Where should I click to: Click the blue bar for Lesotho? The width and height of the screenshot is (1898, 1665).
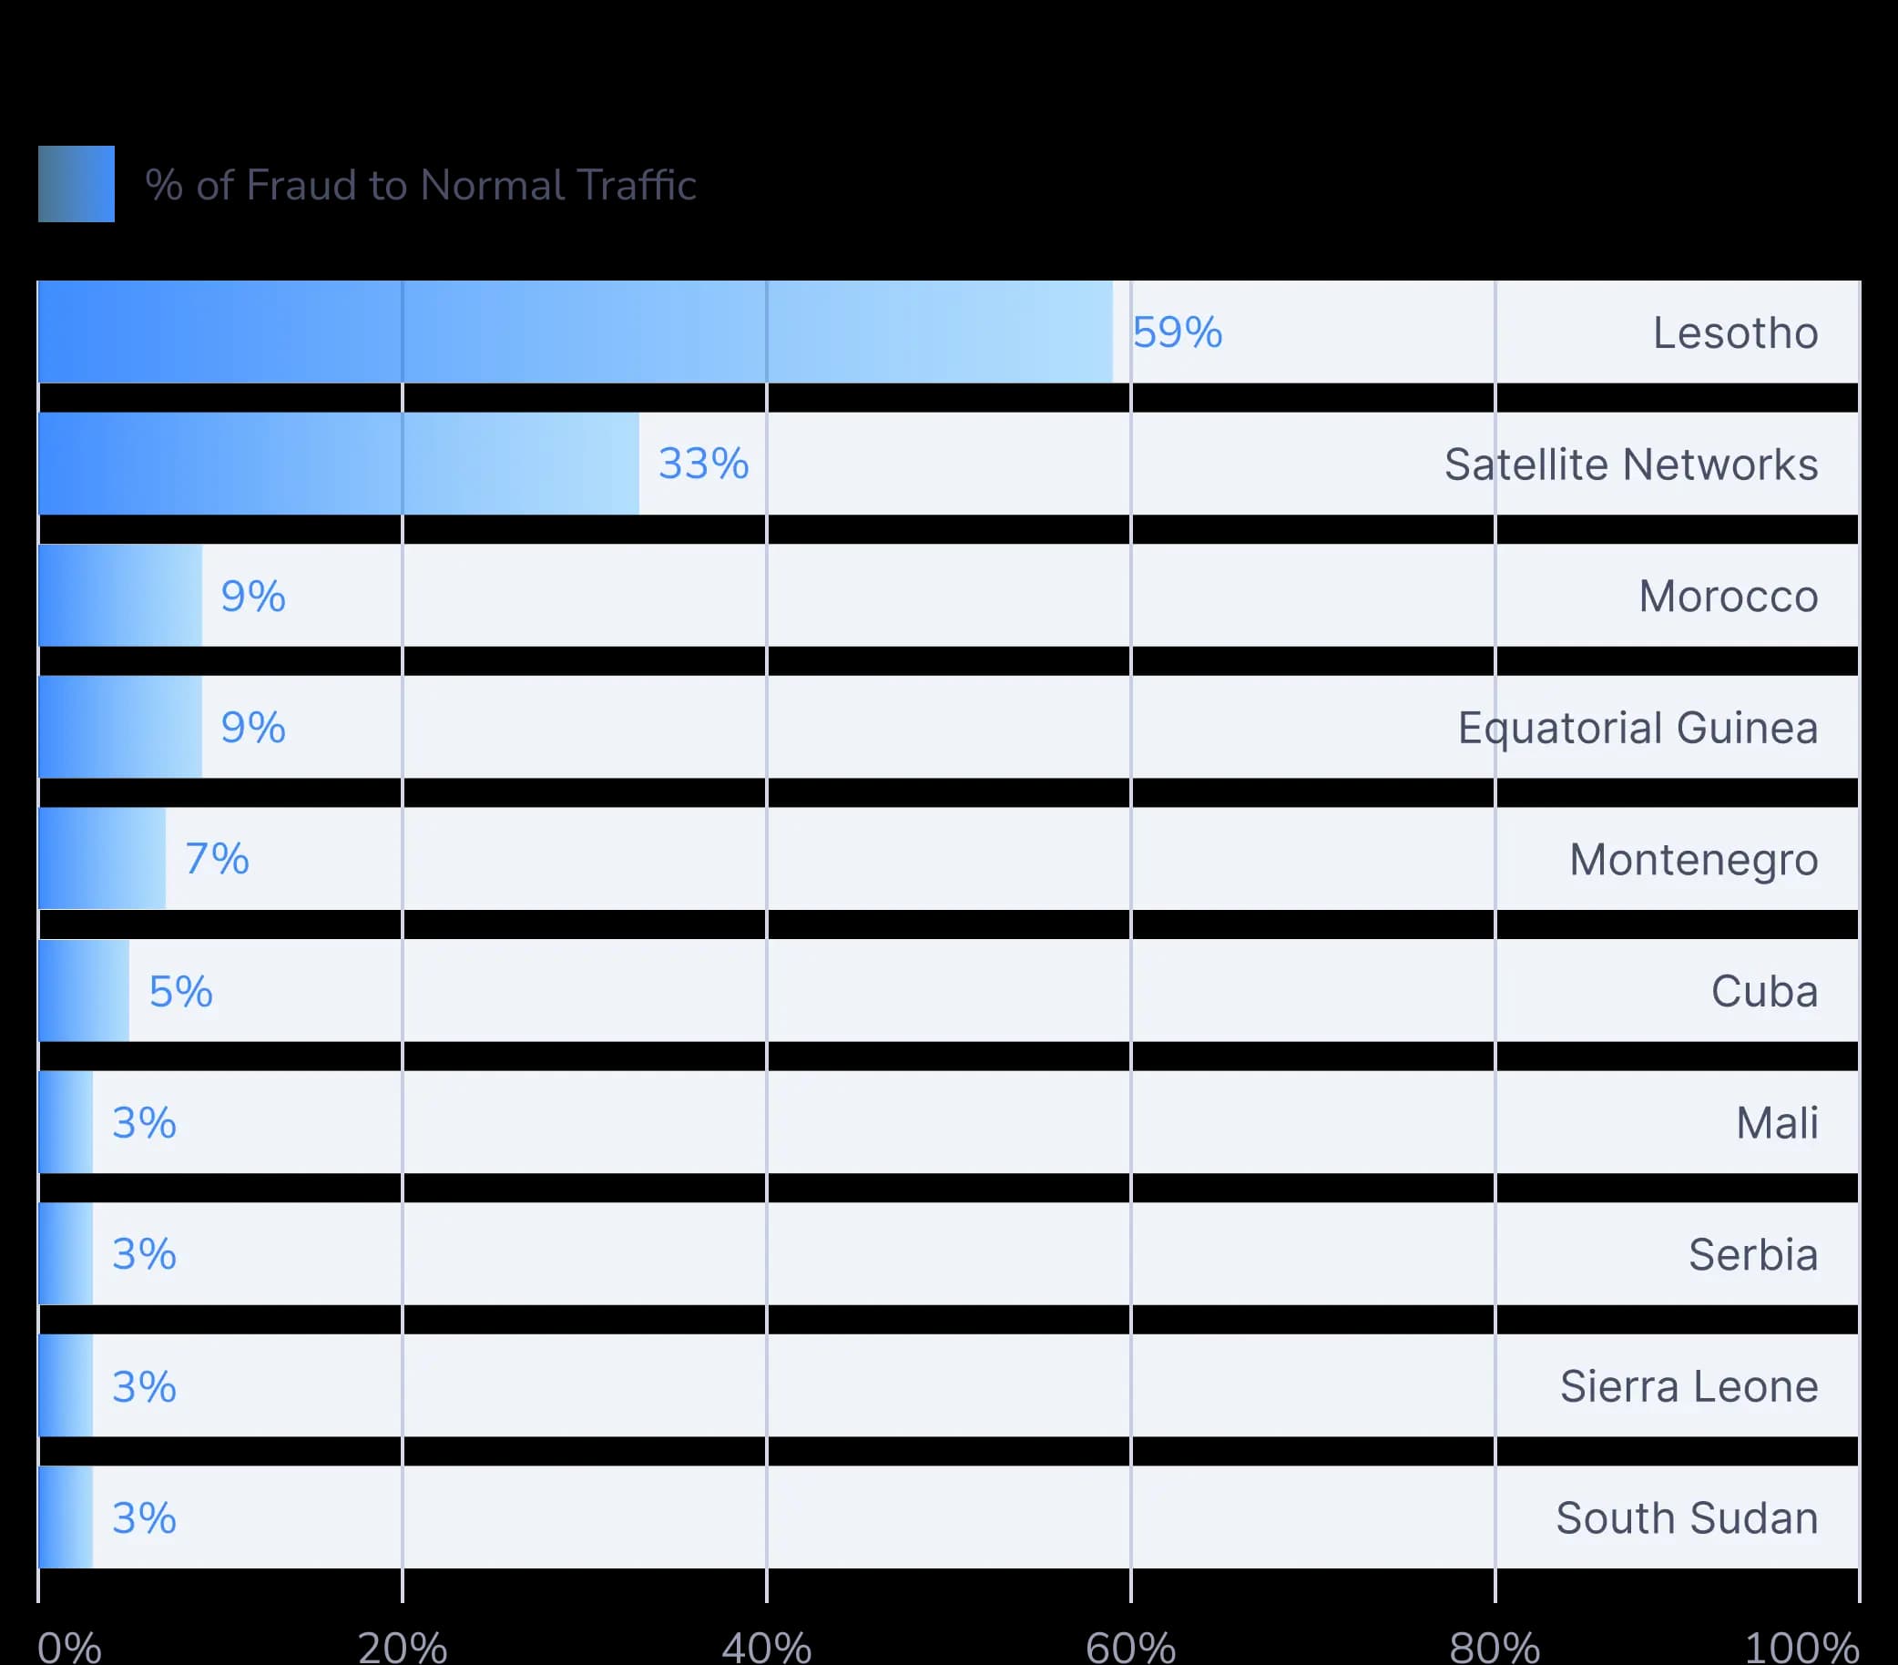point(576,332)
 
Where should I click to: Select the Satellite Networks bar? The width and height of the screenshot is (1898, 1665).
point(339,464)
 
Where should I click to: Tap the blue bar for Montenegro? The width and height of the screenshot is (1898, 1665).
point(102,858)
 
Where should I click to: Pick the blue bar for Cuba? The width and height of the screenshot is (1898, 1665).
point(84,990)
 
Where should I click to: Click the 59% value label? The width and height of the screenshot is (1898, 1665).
point(1178,332)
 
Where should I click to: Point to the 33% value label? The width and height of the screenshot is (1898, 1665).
point(704,465)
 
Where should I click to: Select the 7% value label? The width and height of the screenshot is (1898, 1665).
point(218,859)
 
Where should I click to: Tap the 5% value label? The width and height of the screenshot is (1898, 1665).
point(181,992)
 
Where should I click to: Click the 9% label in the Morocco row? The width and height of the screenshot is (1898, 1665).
point(253,597)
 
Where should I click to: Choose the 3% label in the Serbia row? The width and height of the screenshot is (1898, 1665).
point(145,1254)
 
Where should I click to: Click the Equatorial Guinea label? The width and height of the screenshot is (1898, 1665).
point(1638,729)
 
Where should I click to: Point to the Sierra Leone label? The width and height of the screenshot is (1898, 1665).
point(1689,1386)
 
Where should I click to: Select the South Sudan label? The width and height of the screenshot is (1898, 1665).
point(1688,1518)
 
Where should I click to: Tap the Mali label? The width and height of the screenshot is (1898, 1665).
point(1777,1123)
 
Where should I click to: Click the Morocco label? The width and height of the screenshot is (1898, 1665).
point(1728,597)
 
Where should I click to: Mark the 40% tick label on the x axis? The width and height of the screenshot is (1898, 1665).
point(767,1647)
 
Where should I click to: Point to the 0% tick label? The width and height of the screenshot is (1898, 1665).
point(69,1647)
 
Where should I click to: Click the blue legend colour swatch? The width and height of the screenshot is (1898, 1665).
point(77,184)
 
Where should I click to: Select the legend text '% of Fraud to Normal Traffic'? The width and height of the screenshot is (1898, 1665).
point(421,185)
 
